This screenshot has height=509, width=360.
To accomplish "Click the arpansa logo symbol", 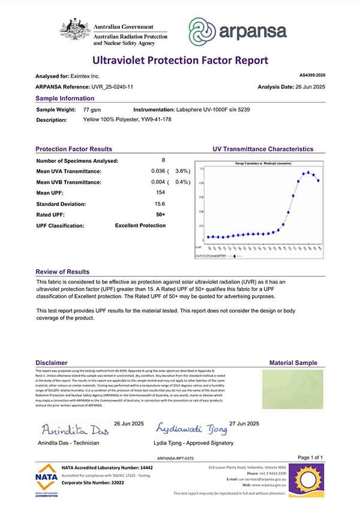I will (x=202, y=31).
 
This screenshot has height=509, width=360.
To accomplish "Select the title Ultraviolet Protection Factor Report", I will (x=179, y=60).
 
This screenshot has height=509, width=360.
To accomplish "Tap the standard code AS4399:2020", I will (x=311, y=76).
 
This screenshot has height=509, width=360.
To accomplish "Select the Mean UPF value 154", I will (x=160, y=192).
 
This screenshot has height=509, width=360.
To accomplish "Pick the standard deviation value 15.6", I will (x=161, y=203).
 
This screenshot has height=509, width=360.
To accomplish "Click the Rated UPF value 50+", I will (x=161, y=214).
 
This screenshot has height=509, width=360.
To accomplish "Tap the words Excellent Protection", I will (x=140, y=226).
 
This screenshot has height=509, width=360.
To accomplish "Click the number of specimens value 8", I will (x=163, y=160).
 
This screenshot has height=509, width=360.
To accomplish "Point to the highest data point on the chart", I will (x=308, y=172).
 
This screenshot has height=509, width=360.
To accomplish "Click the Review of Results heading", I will (x=62, y=272).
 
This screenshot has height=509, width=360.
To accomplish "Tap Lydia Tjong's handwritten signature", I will (x=192, y=429).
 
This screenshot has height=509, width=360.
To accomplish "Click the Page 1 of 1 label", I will (x=310, y=457).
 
